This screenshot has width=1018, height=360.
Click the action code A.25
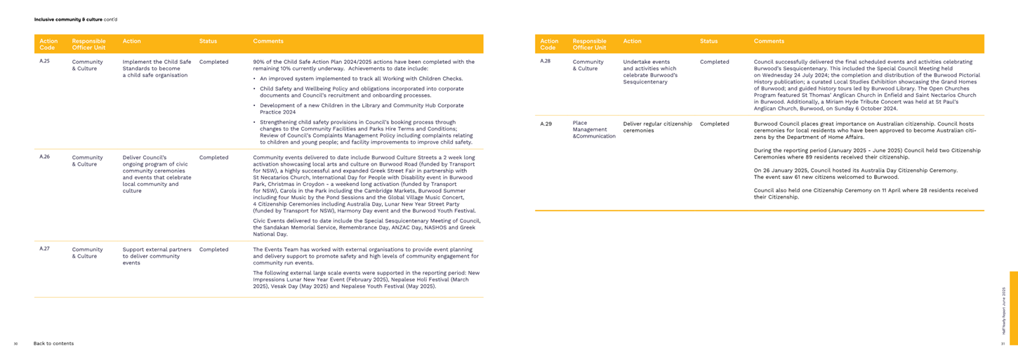44,62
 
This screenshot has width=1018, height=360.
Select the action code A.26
44,157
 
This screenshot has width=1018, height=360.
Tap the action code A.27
44,249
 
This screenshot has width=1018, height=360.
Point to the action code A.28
545,62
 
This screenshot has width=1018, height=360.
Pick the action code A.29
546,124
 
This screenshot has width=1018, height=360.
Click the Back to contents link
53,343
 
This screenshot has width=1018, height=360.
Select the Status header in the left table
208,41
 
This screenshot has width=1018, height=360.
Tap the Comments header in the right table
769,41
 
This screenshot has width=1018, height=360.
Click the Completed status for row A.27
213,249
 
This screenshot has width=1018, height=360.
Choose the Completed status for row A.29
714,124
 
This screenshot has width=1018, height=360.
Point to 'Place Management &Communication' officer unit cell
594,129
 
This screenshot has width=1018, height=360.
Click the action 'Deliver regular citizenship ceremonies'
658,127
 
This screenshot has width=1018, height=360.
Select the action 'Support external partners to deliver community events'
157,256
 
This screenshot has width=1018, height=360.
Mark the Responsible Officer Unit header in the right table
589,44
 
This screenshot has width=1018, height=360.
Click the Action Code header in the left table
48,44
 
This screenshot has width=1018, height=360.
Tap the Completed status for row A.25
213,62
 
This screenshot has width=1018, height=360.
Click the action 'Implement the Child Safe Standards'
157,68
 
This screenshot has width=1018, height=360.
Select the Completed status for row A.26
213,157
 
